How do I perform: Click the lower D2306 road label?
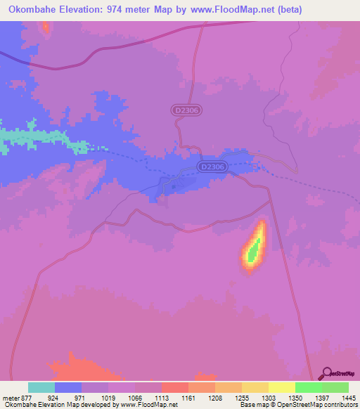212,167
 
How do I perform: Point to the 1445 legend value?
348,397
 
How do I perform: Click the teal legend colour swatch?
41,387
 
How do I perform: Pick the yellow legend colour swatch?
281,387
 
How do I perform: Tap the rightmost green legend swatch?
335,387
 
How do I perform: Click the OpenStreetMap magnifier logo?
326,373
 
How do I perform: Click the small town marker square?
173,188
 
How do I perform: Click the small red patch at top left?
46,27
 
